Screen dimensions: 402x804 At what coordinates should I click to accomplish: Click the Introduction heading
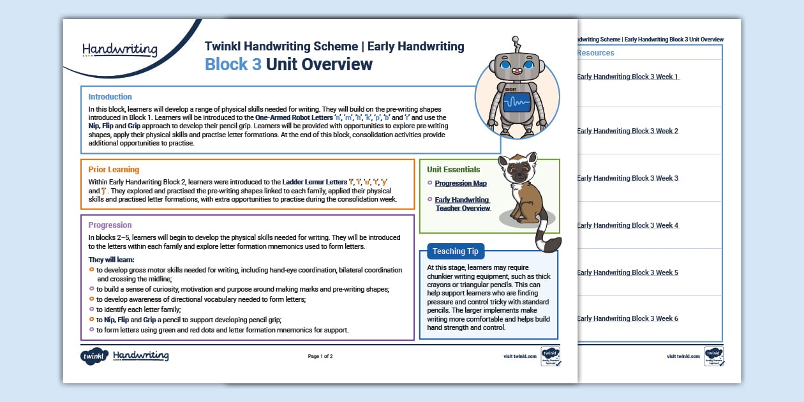(110, 97)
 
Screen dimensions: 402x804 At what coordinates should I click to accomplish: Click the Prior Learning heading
(114, 170)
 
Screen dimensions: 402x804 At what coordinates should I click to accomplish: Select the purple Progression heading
(110, 225)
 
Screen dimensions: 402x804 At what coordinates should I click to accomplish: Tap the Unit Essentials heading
(453, 170)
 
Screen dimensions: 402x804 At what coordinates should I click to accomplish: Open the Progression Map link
(461, 184)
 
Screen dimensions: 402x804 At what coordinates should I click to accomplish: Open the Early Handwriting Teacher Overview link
(463, 204)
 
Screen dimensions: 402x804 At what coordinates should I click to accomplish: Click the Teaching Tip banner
(456, 251)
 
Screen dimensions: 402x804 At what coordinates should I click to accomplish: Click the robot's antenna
(517, 45)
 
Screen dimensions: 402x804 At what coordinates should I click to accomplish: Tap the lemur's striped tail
(546, 239)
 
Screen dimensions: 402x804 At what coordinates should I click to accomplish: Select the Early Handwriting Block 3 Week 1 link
(627, 77)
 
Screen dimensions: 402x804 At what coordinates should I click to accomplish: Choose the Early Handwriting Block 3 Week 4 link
(627, 225)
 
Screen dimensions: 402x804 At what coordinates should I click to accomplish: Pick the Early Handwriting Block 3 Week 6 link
(627, 318)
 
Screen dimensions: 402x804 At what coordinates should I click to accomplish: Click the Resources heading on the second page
(595, 53)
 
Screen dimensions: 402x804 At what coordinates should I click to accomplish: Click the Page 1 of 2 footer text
(320, 356)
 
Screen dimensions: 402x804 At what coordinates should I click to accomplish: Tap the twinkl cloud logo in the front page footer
(94, 356)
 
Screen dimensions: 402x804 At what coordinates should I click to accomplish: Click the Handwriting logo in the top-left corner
(120, 49)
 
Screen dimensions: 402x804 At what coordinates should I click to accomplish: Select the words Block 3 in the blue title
(233, 64)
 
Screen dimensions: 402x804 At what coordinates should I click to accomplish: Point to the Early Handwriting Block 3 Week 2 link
(627, 131)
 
